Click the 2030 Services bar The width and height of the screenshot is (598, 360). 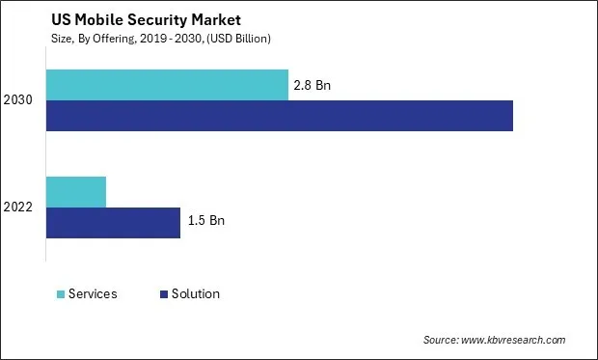(167, 85)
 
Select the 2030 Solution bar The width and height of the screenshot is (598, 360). (280, 116)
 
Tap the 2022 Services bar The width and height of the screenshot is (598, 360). (76, 192)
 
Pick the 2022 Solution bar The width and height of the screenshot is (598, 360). (113, 222)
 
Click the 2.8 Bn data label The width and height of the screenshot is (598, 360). (311, 85)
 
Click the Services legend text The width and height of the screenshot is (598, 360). (93, 293)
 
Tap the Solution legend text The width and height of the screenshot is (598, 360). (196, 293)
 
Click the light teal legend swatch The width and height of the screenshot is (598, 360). (61, 293)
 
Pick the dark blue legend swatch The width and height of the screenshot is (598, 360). (164, 293)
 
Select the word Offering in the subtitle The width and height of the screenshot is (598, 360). (106, 39)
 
